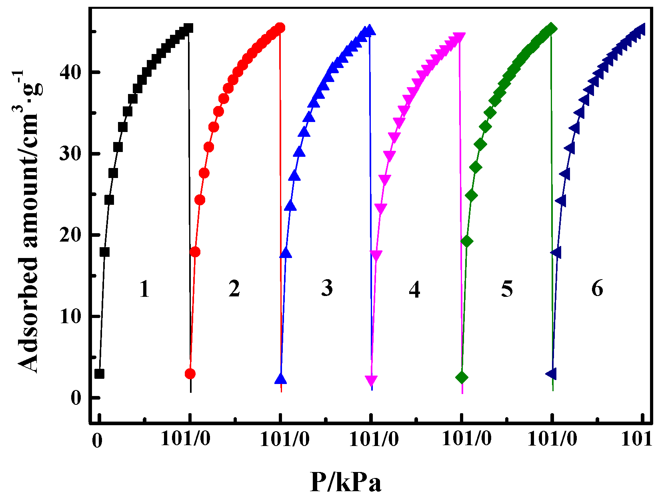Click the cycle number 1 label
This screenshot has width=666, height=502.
144,289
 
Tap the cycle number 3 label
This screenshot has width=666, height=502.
327,288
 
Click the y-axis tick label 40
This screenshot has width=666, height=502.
70,72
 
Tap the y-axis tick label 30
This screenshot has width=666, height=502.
70,154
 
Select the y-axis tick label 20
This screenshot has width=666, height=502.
70,235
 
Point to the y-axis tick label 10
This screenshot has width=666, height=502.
70,316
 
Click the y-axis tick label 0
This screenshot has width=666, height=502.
76,398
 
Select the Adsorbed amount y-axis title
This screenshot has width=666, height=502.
29,222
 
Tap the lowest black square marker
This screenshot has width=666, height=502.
99,374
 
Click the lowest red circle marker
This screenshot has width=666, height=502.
190,374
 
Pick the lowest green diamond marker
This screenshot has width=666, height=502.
462,378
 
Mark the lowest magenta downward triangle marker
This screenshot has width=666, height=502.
372,380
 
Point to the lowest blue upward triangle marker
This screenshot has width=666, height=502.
281,378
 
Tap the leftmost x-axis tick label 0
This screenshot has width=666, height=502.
97,441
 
